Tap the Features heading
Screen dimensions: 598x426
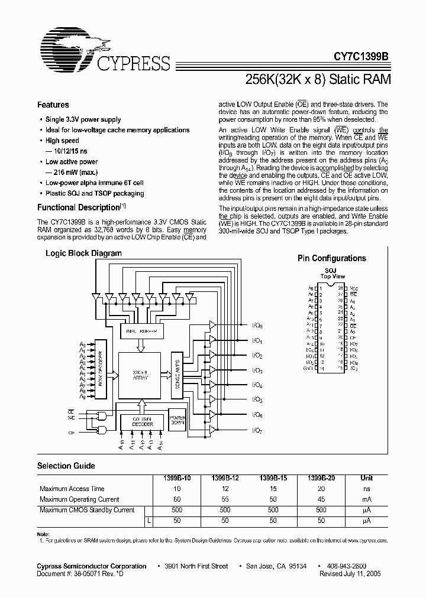point(53,105)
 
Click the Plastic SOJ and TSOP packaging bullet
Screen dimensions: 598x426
point(95,193)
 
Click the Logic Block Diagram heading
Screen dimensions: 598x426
point(84,253)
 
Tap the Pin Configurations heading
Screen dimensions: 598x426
point(331,258)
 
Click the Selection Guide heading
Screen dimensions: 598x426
point(66,466)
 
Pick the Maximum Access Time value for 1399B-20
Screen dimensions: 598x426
point(319,489)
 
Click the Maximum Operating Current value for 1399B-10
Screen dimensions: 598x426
point(177,499)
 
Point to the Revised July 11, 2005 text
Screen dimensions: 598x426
point(350,573)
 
